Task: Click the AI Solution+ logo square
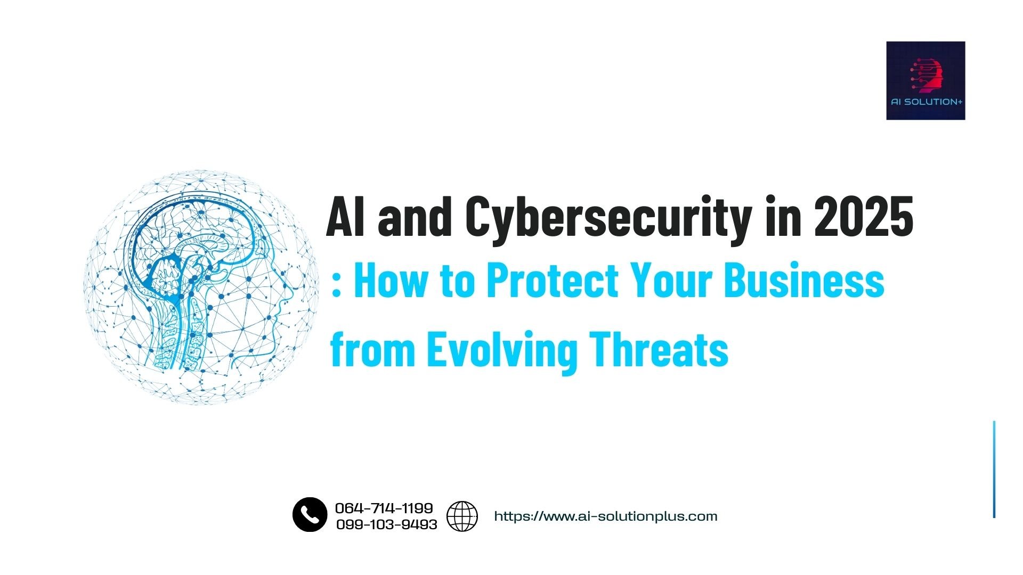[x=925, y=80]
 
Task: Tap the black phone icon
[x=310, y=515]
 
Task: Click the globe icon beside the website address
[x=462, y=516]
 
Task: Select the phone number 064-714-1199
[x=384, y=508]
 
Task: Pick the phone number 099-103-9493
[x=386, y=524]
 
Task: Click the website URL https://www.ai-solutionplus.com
[x=606, y=516]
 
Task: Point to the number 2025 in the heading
[x=863, y=217]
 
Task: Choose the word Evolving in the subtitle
[x=502, y=350]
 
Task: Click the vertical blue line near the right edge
[x=994, y=469]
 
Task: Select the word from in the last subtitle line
[x=372, y=349]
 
